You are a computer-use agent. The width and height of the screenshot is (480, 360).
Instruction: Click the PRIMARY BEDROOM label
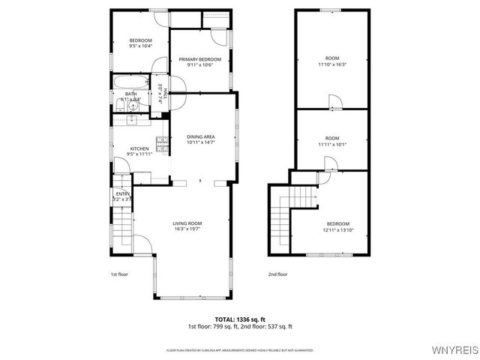click(199, 59)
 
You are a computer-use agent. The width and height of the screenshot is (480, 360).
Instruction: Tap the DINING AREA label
click(200, 136)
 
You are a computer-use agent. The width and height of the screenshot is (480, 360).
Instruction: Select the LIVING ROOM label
click(187, 223)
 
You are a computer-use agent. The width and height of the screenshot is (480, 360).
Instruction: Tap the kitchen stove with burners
click(161, 142)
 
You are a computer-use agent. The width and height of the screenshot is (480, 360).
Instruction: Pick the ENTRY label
click(122, 194)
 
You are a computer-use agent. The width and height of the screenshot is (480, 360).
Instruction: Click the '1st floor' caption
click(119, 274)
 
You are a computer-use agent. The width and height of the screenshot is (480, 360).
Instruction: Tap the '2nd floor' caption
click(277, 274)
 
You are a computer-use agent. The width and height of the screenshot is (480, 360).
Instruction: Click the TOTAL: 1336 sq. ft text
click(239, 319)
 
